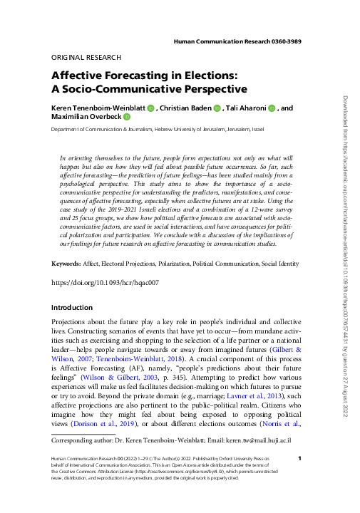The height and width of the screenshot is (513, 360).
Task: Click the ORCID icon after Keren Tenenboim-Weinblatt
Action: (x=151, y=108)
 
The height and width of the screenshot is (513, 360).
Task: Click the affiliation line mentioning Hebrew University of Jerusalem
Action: (x=157, y=130)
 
